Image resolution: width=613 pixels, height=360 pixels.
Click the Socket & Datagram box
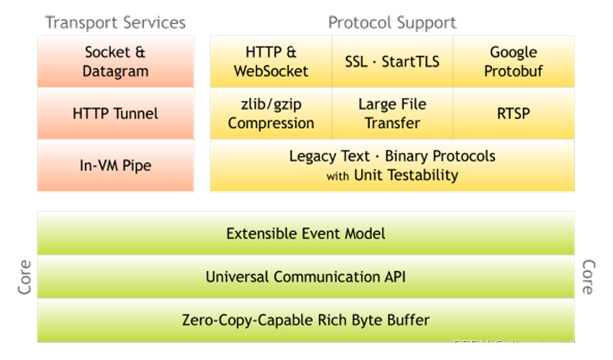pos(116,61)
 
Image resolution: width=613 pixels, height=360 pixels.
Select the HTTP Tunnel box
pos(116,114)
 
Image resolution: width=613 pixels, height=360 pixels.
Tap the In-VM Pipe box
pos(116,166)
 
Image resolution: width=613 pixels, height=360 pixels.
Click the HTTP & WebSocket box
pos(271,61)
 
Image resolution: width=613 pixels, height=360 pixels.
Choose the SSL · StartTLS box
pos(392,61)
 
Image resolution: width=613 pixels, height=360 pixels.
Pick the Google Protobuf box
pos(513,61)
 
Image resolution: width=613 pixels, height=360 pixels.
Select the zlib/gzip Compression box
pos(271,114)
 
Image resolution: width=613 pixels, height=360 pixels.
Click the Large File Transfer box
pos(392,114)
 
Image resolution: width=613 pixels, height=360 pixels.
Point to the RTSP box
pos(513,114)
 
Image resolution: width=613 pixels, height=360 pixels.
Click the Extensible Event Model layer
pos(305,234)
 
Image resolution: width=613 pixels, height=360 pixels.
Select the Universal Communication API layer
pos(305,277)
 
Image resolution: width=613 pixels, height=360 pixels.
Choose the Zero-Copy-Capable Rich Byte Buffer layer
pos(305,321)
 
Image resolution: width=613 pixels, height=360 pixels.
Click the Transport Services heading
pos(116,23)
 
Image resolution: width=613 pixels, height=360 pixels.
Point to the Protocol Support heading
pos(392,23)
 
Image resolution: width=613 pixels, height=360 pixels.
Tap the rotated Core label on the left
pos(25,277)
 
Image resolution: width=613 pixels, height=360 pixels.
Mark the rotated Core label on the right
pos(589,277)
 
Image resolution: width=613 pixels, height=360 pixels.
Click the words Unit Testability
pos(405,176)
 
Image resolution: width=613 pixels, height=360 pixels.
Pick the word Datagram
pos(116,71)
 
